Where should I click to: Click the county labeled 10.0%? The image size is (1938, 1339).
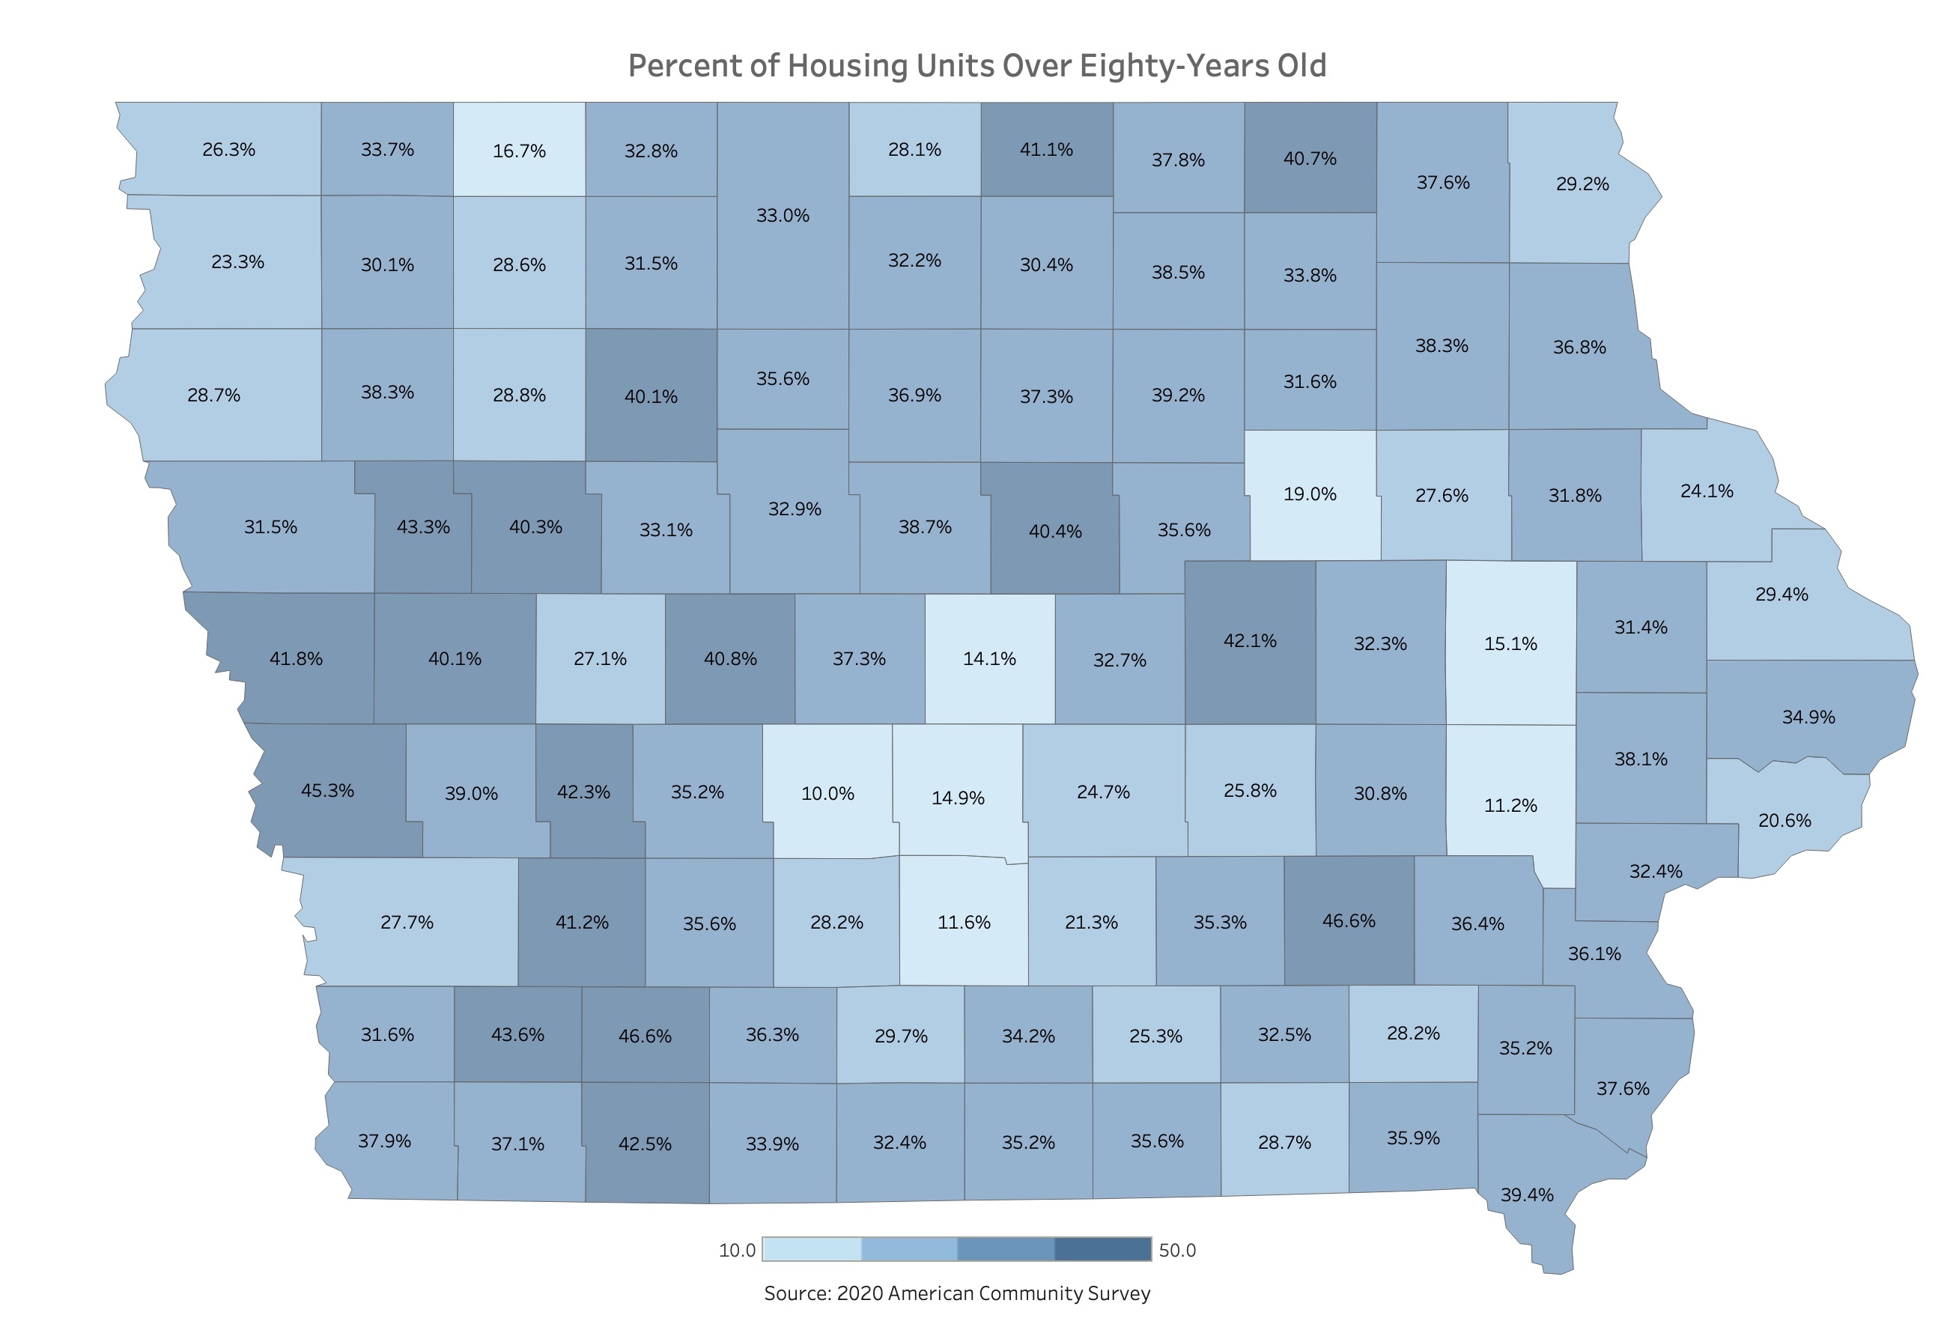coord(827,794)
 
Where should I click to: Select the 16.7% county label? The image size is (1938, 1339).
coord(518,151)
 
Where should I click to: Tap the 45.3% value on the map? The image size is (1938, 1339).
coord(327,790)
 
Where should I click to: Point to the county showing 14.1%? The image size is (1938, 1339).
coord(989,658)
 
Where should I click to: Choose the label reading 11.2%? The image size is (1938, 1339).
coord(1510,805)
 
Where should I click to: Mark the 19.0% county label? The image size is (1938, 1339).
coord(1310,494)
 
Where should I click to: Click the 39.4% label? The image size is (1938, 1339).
coord(1527,1194)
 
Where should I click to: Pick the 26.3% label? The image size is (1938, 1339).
coord(228,149)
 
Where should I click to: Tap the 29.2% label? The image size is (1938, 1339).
coord(1582,183)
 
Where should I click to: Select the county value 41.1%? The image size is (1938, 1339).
coord(1046,149)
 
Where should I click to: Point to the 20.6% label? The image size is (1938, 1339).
coord(1784,821)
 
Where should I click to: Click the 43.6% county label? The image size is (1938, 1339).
coord(517,1034)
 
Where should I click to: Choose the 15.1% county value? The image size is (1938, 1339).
coord(1510,643)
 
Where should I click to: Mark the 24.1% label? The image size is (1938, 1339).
coord(1707,491)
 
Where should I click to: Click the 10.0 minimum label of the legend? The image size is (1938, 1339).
coord(737,1251)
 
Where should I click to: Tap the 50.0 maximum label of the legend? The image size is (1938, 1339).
coord(1177,1251)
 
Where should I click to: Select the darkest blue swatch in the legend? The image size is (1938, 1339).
coord(1102,1249)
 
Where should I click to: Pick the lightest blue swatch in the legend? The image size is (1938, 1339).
coord(812,1249)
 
